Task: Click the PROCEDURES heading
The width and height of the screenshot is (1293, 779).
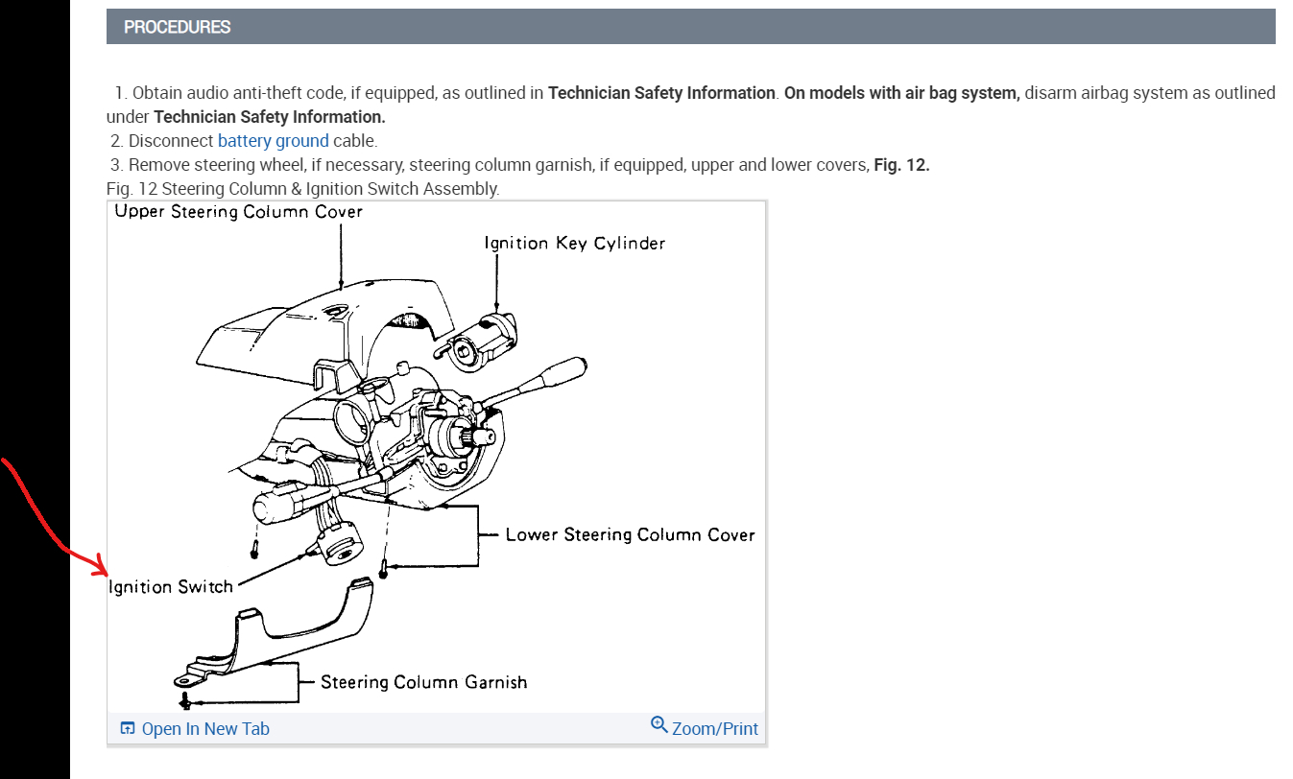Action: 178,27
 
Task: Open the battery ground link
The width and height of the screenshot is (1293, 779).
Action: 273,141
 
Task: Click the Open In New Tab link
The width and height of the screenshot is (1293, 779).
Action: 204,729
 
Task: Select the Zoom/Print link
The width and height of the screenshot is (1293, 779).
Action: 714,729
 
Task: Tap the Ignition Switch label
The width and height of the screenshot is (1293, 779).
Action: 171,586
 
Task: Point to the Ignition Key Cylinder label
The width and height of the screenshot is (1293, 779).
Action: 574,244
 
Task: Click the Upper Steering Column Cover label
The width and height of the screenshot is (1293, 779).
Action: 238,212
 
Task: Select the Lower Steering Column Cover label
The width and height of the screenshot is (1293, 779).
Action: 630,534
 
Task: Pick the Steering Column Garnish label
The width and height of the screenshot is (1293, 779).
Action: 423,682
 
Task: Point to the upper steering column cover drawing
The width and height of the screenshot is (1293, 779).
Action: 317,326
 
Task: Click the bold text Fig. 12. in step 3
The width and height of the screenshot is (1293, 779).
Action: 901,165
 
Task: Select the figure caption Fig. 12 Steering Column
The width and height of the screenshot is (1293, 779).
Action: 303,189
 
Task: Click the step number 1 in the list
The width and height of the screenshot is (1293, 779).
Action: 119,94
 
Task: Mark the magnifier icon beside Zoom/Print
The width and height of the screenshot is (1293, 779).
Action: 658,724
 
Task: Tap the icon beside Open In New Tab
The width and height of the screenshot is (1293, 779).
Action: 128,729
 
